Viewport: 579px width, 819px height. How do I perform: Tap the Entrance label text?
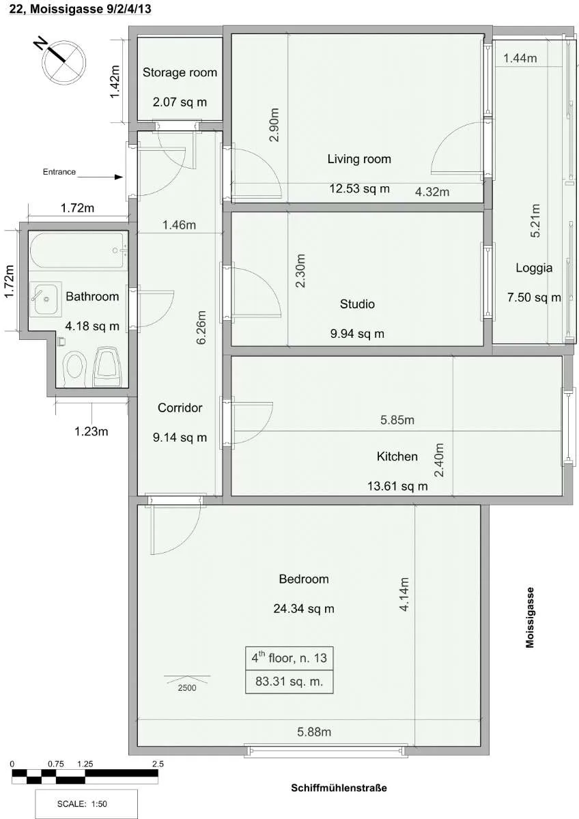(59, 172)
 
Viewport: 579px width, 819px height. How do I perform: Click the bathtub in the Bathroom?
(79, 251)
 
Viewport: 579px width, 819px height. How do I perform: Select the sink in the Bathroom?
(46, 299)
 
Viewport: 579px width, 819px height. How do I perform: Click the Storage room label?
(180, 72)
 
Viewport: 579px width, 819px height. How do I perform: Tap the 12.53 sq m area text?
(359, 188)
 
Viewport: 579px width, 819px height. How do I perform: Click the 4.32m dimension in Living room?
(432, 192)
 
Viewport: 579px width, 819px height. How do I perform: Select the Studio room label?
(357, 304)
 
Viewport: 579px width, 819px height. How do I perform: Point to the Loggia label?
(534, 268)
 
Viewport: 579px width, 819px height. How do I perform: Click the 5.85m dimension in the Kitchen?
(397, 420)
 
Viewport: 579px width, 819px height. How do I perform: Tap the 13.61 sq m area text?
(397, 486)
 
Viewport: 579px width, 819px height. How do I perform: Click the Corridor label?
(180, 407)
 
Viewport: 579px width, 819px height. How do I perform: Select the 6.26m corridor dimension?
(201, 327)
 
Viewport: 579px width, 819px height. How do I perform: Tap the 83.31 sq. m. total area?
(289, 682)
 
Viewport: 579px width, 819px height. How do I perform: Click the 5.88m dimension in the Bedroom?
(314, 732)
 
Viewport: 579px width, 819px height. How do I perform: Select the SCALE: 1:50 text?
(82, 804)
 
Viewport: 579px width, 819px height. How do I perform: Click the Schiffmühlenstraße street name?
(339, 788)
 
